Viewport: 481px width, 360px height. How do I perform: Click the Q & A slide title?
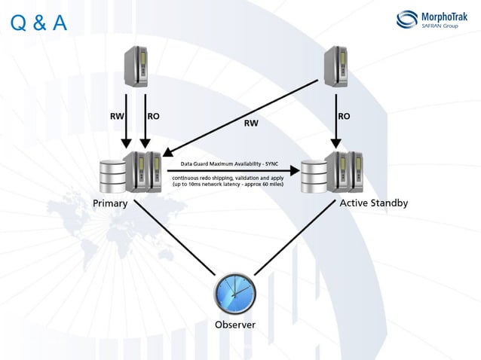pos(40,24)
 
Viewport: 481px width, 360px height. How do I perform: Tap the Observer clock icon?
pos(234,292)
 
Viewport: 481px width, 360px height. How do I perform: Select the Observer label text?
pos(235,325)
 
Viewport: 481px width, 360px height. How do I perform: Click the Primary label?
pos(110,203)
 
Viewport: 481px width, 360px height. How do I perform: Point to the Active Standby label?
pos(374,203)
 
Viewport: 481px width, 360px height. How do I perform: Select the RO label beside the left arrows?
pos(154,117)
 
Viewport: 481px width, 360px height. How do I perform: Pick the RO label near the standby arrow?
pos(344,117)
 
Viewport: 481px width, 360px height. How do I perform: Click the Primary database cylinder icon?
pos(112,175)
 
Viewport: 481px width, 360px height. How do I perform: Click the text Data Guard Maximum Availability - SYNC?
pos(229,163)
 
